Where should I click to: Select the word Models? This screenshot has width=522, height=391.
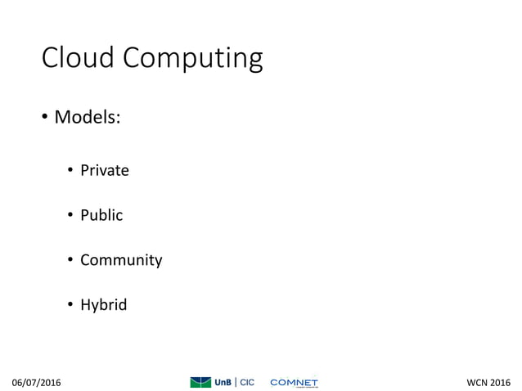pyautogui.click(x=85, y=118)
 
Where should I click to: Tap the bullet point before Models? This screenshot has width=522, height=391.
pyautogui.click(x=46, y=119)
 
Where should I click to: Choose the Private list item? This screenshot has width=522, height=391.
pyautogui.click(x=104, y=170)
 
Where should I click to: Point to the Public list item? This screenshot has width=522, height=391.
pyautogui.click(x=101, y=215)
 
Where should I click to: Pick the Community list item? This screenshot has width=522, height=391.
pyautogui.click(x=120, y=260)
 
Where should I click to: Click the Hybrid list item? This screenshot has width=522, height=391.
pyautogui.click(x=103, y=305)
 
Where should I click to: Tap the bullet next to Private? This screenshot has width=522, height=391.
pyautogui.click(x=71, y=171)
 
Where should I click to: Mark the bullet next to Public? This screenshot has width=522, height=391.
pyautogui.click(x=71, y=216)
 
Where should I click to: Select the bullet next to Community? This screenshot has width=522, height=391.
pyautogui.click(x=71, y=261)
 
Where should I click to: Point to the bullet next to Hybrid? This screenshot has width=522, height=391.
pyautogui.click(x=71, y=306)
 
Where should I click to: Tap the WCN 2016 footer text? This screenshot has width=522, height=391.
pyautogui.click(x=488, y=382)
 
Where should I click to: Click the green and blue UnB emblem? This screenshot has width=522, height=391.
pyautogui.click(x=200, y=382)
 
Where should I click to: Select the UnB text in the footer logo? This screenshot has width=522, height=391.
pyautogui.click(x=223, y=382)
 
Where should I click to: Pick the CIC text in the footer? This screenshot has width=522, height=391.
pyautogui.click(x=247, y=382)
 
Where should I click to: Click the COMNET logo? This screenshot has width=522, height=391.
pyautogui.click(x=294, y=382)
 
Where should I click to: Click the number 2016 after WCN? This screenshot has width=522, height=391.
pyautogui.click(x=499, y=382)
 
